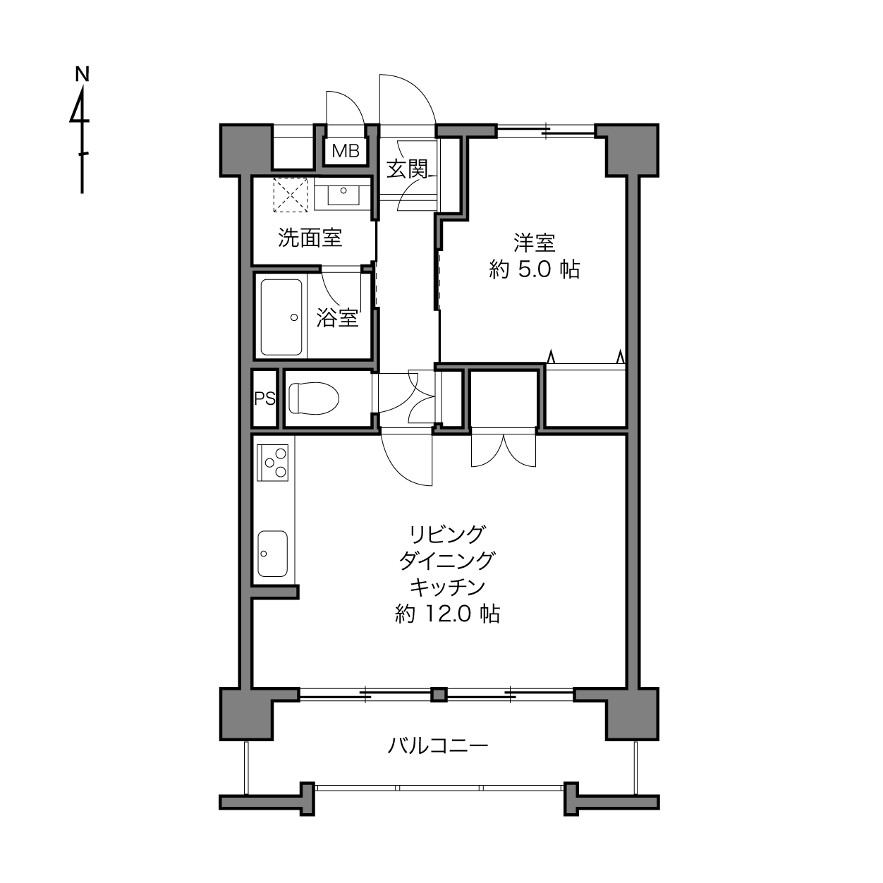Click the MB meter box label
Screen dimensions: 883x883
346,150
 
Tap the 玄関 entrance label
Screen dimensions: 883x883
406,169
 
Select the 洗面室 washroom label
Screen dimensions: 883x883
310,238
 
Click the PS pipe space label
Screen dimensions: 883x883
265,398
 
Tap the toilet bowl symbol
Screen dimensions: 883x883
314,398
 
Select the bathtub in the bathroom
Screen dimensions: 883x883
281,317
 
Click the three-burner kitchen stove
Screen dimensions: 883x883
273,463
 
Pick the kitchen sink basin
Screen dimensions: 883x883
273,554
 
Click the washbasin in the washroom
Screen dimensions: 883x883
343,194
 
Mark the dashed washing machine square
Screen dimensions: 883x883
291,195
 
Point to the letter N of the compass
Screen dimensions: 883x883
82,74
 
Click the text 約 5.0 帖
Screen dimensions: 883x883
535,269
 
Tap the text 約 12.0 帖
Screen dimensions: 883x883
447,614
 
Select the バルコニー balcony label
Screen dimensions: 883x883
438,746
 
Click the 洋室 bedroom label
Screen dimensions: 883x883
535,243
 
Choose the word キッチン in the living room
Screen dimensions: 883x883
447,587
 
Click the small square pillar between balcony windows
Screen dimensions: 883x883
439,694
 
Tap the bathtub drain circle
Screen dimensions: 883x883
294,317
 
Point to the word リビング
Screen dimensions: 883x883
447,533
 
